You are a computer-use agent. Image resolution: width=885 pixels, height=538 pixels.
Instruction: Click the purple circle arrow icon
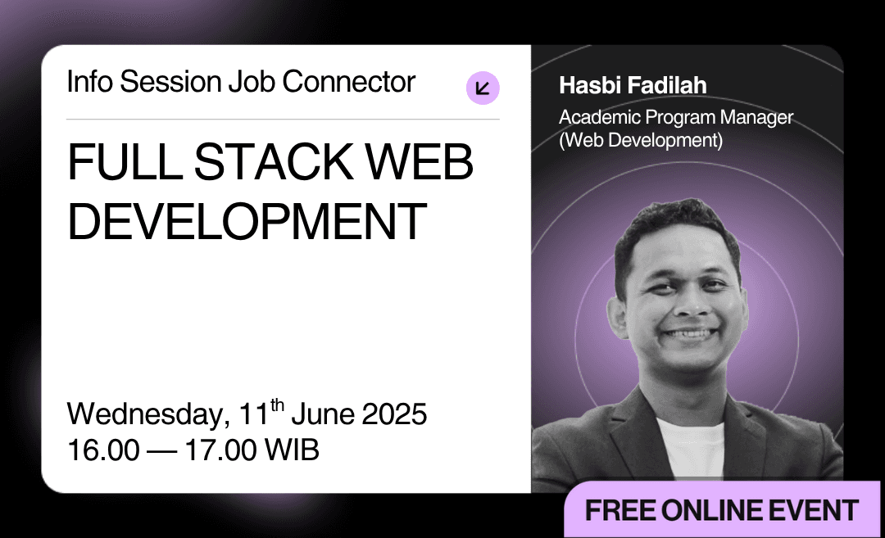[x=483, y=88]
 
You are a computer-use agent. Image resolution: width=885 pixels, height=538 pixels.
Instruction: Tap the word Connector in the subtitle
[x=349, y=82]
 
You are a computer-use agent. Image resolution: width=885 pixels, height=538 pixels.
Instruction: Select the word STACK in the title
[x=274, y=162]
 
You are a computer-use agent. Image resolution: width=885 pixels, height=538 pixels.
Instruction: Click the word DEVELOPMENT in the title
[x=247, y=221]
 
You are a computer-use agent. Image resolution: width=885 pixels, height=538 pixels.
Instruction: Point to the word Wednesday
[x=148, y=414]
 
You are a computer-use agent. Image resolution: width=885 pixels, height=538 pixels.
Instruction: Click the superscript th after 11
[x=277, y=405]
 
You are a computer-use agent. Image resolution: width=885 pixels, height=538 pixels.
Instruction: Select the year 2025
[x=394, y=414]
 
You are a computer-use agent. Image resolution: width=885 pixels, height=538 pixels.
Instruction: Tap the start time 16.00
[x=103, y=450]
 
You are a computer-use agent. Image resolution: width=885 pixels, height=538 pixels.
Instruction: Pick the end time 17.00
[x=220, y=450]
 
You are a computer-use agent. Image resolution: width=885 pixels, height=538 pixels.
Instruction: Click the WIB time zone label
[x=292, y=450]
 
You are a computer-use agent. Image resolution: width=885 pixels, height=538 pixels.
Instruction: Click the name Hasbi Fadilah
[x=633, y=86]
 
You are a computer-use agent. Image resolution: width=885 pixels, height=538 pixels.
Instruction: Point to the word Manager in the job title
[x=756, y=118]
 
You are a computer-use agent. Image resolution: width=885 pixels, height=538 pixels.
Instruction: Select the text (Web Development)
[x=641, y=140]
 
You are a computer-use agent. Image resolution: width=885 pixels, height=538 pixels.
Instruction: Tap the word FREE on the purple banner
[x=620, y=510]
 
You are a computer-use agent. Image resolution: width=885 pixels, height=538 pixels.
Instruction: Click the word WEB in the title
[x=420, y=162]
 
